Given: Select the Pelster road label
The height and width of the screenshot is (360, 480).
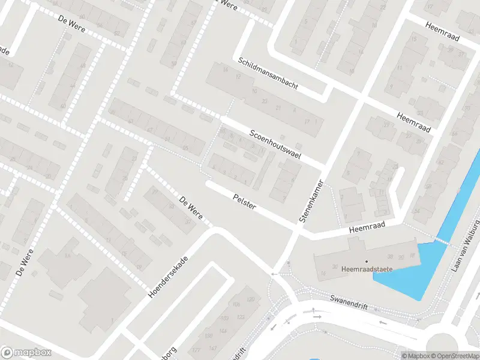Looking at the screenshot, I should [245, 202].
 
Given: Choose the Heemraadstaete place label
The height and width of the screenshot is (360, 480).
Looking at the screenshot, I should [367, 269].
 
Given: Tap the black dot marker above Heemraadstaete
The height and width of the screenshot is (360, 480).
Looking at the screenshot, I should [367, 261].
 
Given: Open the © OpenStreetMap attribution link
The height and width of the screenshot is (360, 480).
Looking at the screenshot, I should [451, 356].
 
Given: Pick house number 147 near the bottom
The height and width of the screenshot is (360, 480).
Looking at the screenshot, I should [212, 349].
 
